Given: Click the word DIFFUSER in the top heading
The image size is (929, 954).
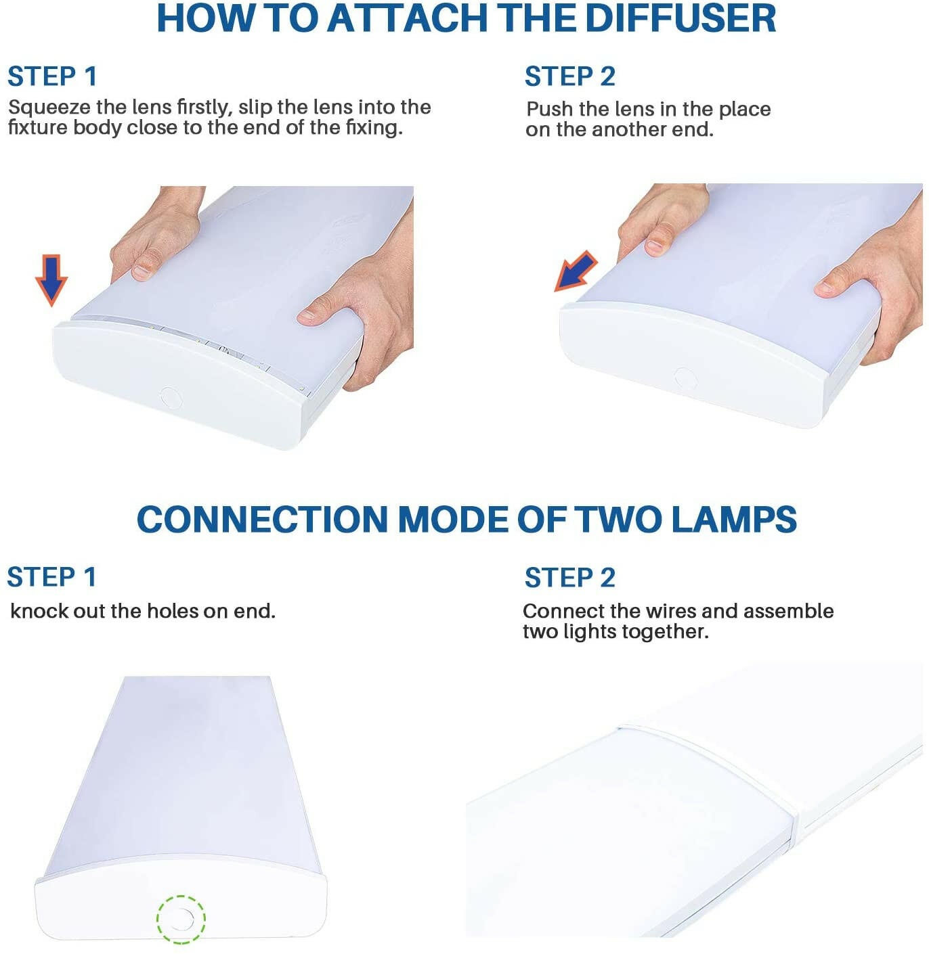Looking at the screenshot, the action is (680, 18).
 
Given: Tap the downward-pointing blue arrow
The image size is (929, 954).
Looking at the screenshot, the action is (51, 280).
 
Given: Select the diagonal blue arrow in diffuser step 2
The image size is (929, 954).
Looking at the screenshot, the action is (576, 271).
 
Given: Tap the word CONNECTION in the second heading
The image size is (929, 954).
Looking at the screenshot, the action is (263, 519).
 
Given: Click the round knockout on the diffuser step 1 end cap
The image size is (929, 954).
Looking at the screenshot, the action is (170, 398).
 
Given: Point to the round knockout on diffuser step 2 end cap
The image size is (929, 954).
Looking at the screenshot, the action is (685, 379).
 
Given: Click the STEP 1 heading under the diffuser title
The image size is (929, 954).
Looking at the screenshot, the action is (52, 76).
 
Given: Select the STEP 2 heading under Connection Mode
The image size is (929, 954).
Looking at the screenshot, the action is (569, 577).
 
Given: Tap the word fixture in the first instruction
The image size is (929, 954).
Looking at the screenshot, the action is (39, 128).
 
